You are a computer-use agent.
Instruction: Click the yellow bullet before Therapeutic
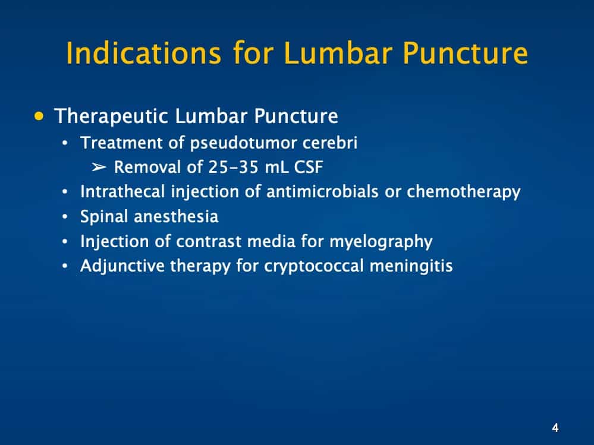(40, 115)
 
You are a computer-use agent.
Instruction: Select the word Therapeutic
(111, 116)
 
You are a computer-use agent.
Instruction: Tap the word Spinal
(104, 217)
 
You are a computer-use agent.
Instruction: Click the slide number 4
(555, 427)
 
